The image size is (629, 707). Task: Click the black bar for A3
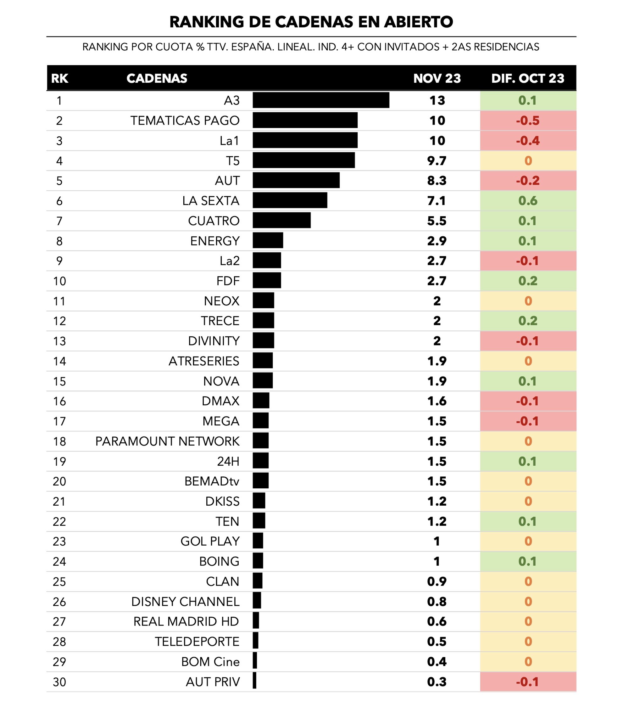click(321, 100)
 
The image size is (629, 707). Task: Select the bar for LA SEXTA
click(290, 200)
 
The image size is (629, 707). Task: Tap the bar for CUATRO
click(281, 220)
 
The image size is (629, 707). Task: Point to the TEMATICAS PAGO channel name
click(185, 121)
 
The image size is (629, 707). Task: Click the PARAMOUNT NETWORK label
click(167, 441)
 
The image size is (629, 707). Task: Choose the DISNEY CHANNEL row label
click(185, 602)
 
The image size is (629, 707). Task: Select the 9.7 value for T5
click(437, 160)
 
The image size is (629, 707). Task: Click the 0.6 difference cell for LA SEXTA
click(528, 201)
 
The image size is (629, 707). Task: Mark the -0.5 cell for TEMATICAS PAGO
click(528, 121)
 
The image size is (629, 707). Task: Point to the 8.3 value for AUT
click(437, 181)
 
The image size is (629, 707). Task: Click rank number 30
click(59, 682)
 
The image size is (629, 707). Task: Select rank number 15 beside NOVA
click(59, 381)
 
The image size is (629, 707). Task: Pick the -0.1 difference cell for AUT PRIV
click(528, 682)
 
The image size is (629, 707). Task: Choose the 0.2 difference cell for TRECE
click(528, 321)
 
